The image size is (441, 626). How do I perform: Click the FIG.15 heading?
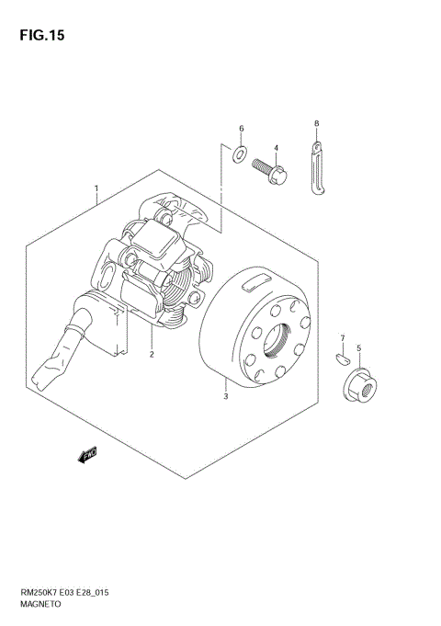[x=42, y=36]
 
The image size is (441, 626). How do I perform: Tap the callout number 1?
[x=96, y=188]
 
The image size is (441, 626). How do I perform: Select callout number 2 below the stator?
[x=152, y=354]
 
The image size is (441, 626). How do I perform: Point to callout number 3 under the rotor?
[x=226, y=396]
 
